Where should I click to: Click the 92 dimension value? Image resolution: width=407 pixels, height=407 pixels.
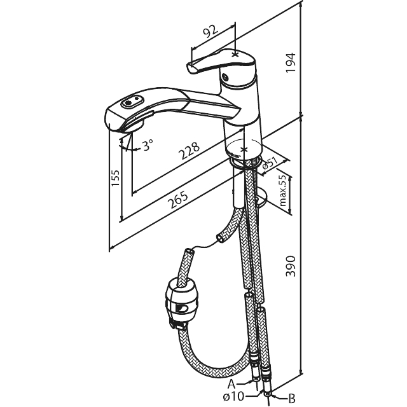210,31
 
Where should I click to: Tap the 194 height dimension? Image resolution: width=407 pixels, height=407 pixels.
291,63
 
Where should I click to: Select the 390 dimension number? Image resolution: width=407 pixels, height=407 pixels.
291,266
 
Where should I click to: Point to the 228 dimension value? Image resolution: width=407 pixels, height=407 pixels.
190,151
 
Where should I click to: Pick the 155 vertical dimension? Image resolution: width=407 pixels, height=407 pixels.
115,177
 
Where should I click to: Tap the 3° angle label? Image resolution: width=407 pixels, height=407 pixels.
148,146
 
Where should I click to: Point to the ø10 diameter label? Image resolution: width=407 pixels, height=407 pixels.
233,396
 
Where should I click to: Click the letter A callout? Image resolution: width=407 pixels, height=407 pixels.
231,383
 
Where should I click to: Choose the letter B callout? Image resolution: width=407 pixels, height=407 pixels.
292,398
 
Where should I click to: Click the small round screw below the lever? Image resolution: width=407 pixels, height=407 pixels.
224,76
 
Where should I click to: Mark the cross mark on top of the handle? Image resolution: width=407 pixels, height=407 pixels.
235,55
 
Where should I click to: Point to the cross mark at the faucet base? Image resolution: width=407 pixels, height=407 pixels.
243,149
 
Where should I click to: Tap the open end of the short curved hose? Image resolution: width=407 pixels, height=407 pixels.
221,238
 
